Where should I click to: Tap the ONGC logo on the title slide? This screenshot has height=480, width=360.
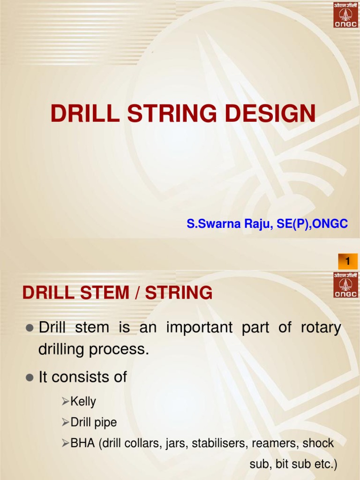pyautogui.click(x=345, y=15)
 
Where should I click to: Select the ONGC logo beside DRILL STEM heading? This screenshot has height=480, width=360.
pyautogui.click(x=345, y=285)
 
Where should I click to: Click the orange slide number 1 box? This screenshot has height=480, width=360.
pyautogui.click(x=347, y=261)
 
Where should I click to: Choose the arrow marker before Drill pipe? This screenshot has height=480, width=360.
pyautogui.click(x=66, y=423)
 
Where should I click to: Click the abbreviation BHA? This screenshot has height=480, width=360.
pyautogui.click(x=82, y=443)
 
